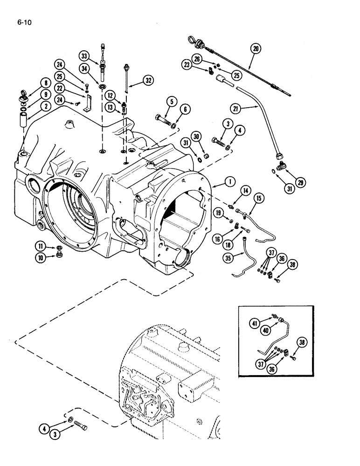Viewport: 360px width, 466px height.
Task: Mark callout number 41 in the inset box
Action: [255, 323]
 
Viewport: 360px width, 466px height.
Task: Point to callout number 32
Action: [148, 80]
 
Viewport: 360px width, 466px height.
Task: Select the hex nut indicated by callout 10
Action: [59, 255]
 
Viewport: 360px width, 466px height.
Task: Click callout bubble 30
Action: [196, 137]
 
